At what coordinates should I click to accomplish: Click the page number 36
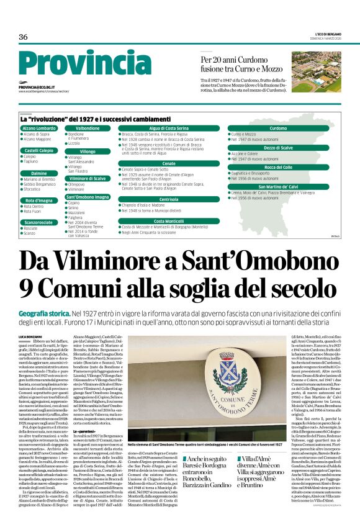coord(23,37)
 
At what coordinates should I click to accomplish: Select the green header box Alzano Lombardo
coord(39,128)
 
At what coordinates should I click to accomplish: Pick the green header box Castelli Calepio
coord(39,150)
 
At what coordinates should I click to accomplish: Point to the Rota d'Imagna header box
coord(39,200)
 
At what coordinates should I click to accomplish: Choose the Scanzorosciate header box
coord(39,222)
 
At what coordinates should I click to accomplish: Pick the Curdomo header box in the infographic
coord(277,128)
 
